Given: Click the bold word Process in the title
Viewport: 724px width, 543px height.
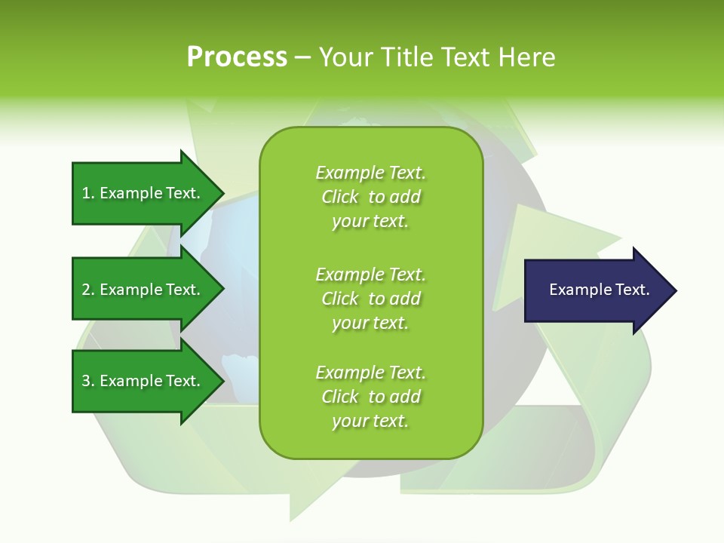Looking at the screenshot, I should tap(237, 57).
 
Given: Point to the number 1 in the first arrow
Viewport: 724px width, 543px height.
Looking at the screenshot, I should tap(86, 193).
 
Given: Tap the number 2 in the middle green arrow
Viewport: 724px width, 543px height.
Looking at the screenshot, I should tap(86, 290).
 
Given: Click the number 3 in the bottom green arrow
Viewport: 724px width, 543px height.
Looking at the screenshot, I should tap(86, 381).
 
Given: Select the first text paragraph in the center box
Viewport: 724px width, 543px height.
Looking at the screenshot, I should tap(370, 197).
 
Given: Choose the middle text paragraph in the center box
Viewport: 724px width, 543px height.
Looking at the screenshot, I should tap(370, 299).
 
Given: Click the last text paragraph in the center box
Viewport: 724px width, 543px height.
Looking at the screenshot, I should tap(370, 397).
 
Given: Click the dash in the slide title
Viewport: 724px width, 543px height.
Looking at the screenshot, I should tap(302, 57).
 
